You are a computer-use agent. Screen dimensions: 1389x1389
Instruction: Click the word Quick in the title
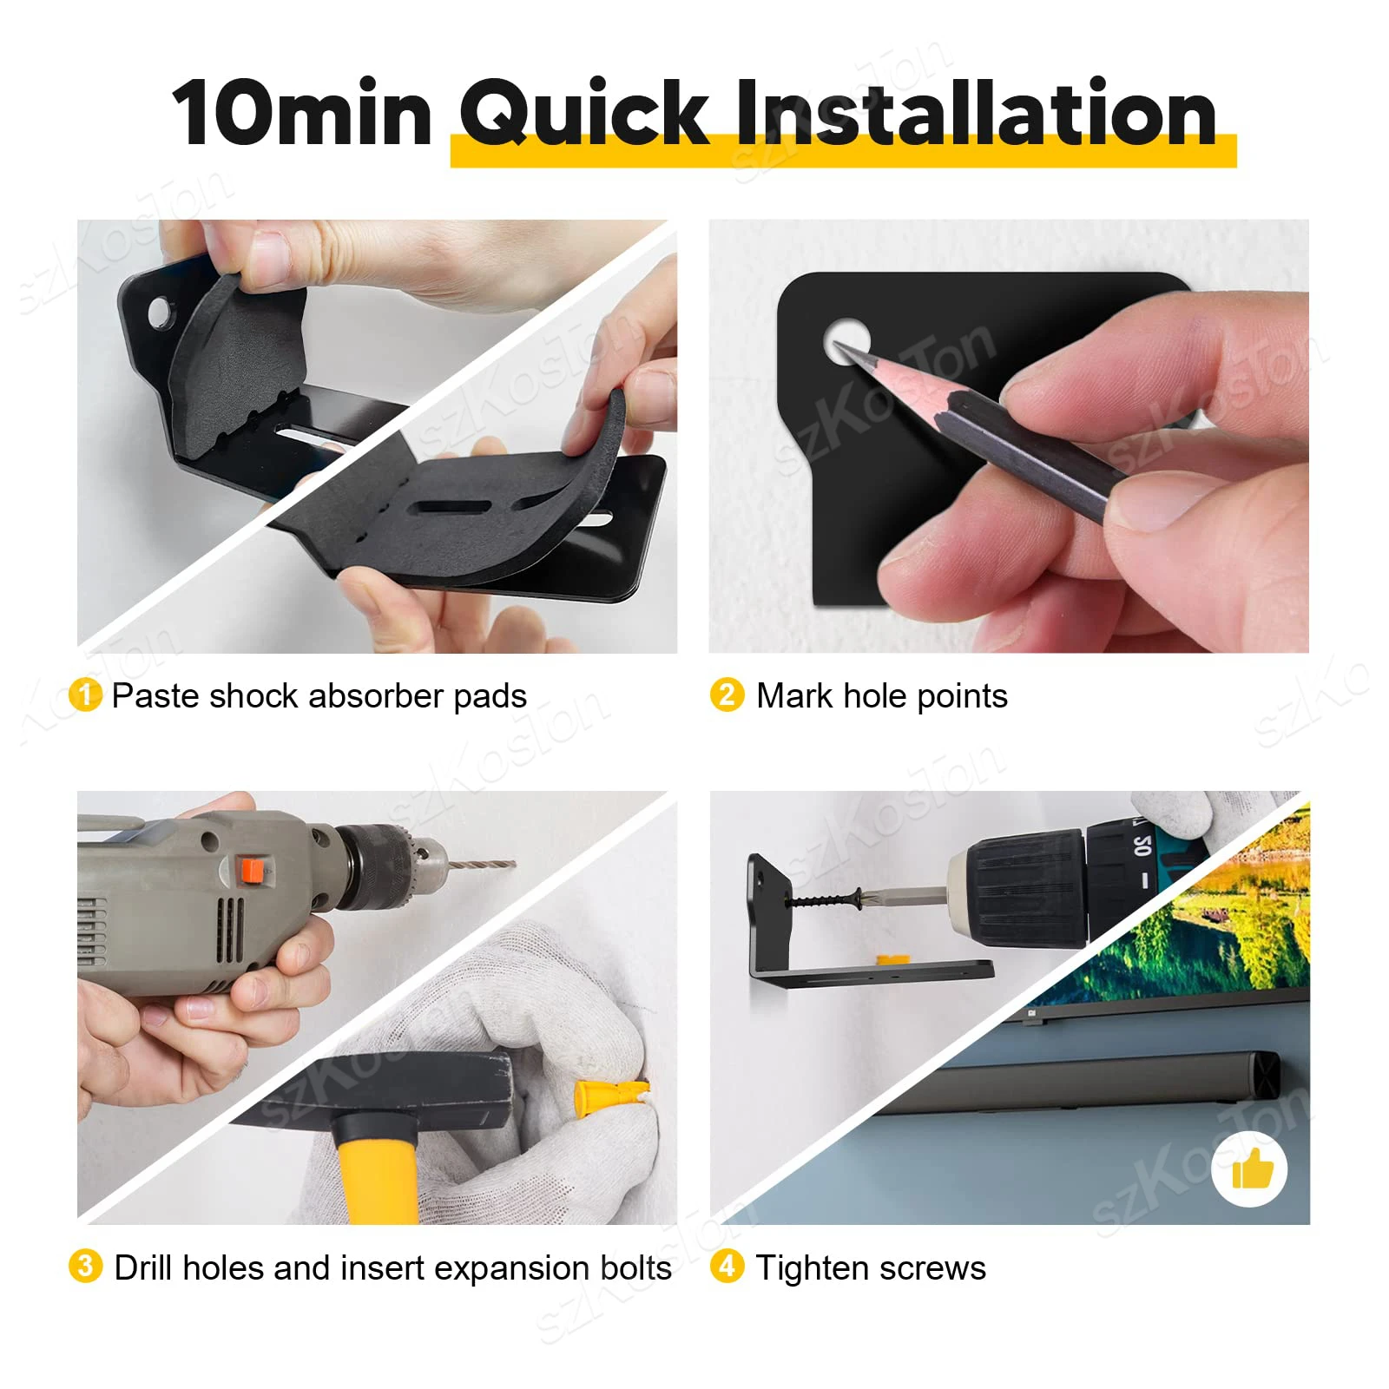(583, 113)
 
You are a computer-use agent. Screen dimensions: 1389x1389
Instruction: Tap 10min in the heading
(301, 115)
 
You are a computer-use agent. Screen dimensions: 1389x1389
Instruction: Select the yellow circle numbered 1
(85, 695)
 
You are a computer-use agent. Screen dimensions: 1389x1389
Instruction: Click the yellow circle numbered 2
(727, 695)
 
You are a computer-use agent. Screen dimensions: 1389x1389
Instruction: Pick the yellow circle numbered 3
(85, 1267)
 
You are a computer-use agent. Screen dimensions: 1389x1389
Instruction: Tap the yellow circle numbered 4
(727, 1267)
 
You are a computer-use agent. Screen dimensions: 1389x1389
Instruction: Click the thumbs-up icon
(1251, 1169)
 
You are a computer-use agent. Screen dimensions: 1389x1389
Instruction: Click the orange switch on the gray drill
(252, 870)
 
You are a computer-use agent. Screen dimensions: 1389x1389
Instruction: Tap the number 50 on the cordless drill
(1142, 845)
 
